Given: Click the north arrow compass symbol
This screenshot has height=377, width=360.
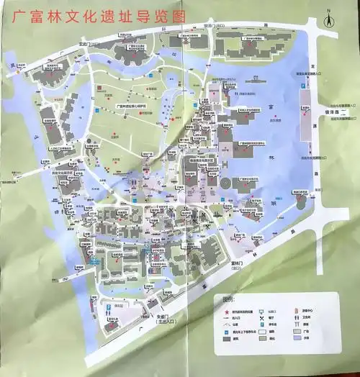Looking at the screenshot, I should pyautogui.click(x=325, y=22).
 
